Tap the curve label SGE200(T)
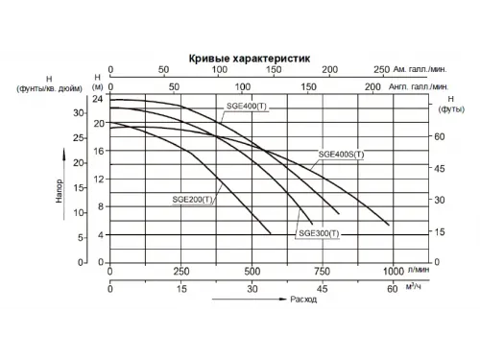tap(193, 200)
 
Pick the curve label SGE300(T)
tap(320, 233)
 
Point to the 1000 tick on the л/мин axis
tap(393, 270)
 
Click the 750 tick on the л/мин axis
tap(322, 270)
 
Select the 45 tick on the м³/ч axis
tap(322, 288)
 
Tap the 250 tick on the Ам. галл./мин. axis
tap(381, 69)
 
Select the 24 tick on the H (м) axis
tap(97, 99)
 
